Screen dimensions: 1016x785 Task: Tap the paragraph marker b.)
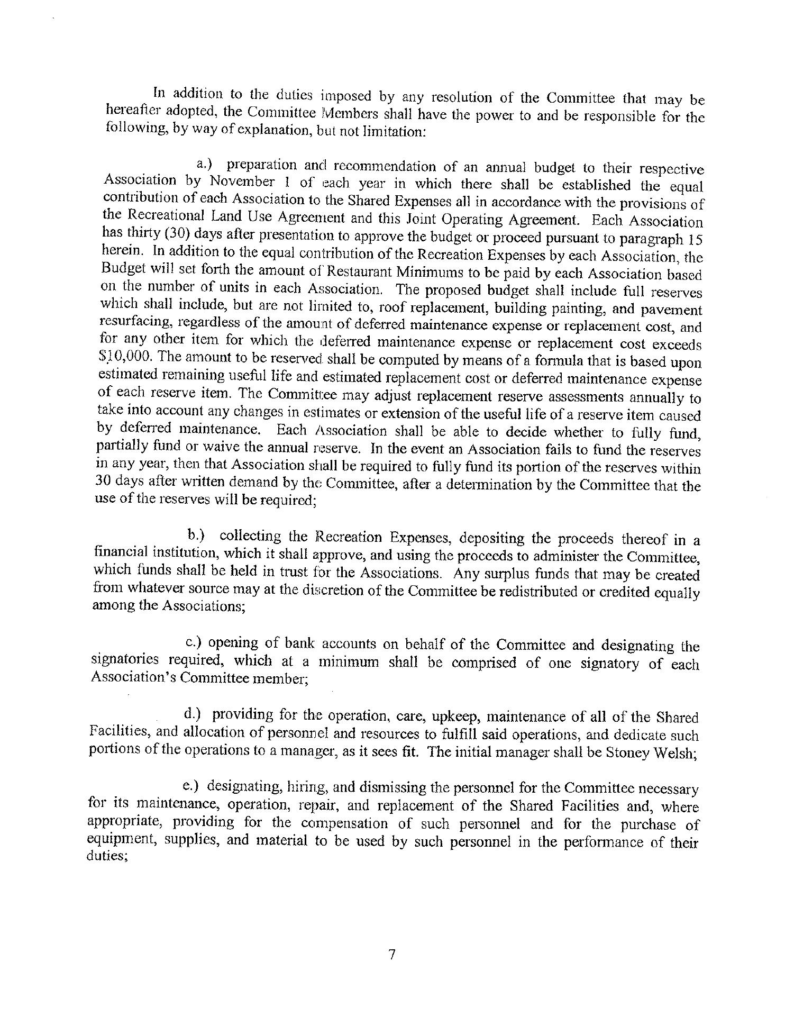(196, 536)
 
